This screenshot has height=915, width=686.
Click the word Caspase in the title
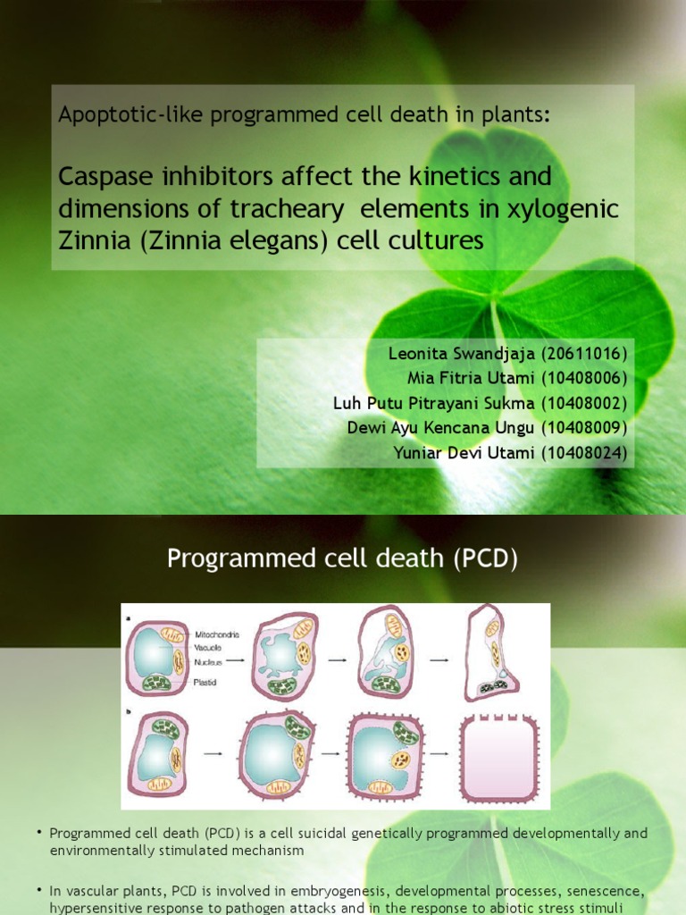(x=99, y=176)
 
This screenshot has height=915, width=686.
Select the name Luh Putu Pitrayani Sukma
(x=434, y=402)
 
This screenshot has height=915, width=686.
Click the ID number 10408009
(x=584, y=427)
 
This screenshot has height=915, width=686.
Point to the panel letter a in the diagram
(x=128, y=617)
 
